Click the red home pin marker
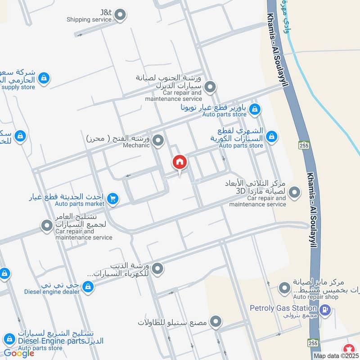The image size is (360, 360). coord(179,162)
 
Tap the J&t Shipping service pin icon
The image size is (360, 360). coord(120,16)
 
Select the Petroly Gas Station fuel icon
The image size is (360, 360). coord(326,310)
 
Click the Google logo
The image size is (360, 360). coord(19,353)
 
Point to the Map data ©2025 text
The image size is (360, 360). coord(336,355)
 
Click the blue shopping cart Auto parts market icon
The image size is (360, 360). coord(112,198)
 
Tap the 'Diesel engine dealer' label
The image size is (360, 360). coord(52,292)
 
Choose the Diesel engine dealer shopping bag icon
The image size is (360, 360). coord(88,286)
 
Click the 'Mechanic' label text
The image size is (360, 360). coord(136,145)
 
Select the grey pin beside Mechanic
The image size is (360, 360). coord(157,141)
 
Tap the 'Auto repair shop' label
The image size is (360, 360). coord(315,297)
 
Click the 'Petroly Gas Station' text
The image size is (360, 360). coord(283,308)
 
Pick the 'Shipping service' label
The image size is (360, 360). coord(89,20)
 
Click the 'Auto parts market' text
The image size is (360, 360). coord(79,204)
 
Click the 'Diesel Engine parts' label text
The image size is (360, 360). coord(51,341)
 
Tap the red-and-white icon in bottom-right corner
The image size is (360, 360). coord(348,348)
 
